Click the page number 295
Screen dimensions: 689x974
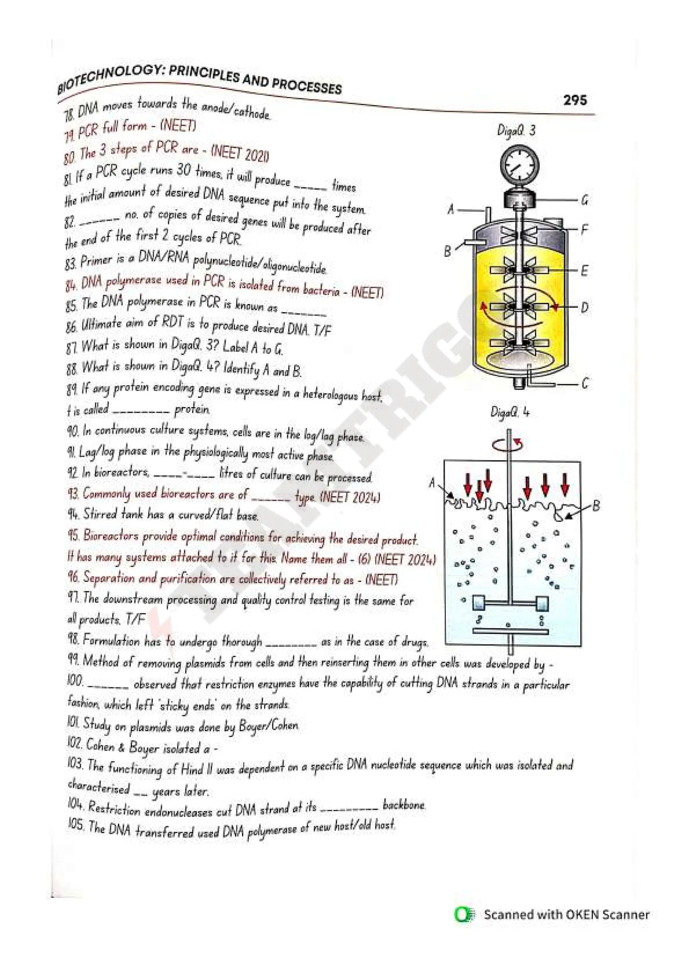pyautogui.click(x=575, y=100)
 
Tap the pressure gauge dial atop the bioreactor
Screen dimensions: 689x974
pyautogui.click(x=519, y=166)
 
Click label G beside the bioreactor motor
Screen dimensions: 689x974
pyautogui.click(x=585, y=200)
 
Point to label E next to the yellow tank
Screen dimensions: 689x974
pyautogui.click(x=585, y=271)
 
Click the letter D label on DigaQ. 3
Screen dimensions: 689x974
pyautogui.click(x=585, y=307)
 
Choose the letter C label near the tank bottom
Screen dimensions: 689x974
pyautogui.click(x=585, y=384)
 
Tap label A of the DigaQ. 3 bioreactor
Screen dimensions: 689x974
pyautogui.click(x=451, y=209)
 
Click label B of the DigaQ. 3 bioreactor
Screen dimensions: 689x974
pyautogui.click(x=447, y=251)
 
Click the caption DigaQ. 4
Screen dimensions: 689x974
pyautogui.click(x=510, y=412)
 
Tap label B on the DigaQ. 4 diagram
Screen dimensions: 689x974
pyautogui.click(x=596, y=506)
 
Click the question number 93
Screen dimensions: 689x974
pyautogui.click(x=73, y=493)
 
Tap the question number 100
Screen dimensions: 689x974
pyautogui.click(x=75, y=681)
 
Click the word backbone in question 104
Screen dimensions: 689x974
pyautogui.click(x=403, y=805)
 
